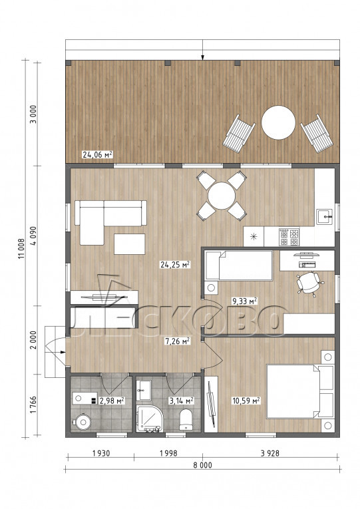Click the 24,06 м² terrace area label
pos(97,154)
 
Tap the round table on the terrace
pos(279,122)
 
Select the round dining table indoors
pos(222,196)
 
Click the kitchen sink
pos(324,217)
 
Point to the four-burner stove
pos(289,237)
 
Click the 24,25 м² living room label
pos(175,265)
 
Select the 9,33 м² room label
pos(244,301)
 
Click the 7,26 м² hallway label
pos(177,341)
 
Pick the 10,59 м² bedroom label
pos(246,401)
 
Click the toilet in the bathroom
pos(186,419)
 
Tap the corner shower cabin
pos(150,418)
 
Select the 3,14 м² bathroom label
pos(182,401)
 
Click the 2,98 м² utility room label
pos(112,401)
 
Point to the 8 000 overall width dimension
pos(202,465)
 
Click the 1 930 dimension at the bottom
pos(101,453)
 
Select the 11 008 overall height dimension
pos(21,248)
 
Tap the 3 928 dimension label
pos(270,453)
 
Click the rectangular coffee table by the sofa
pos(130,244)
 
